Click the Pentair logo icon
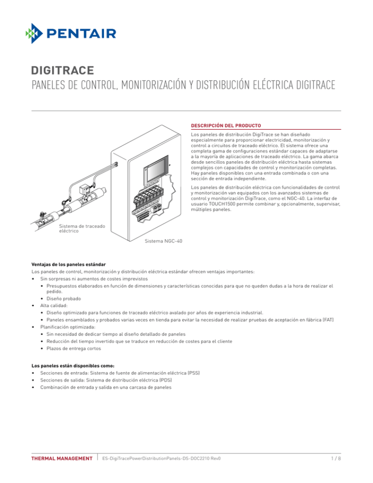click(x=37, y=33)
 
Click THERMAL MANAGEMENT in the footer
click(x=62, y=458)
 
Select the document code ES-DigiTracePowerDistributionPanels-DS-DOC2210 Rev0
click(x=162, y=458)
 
